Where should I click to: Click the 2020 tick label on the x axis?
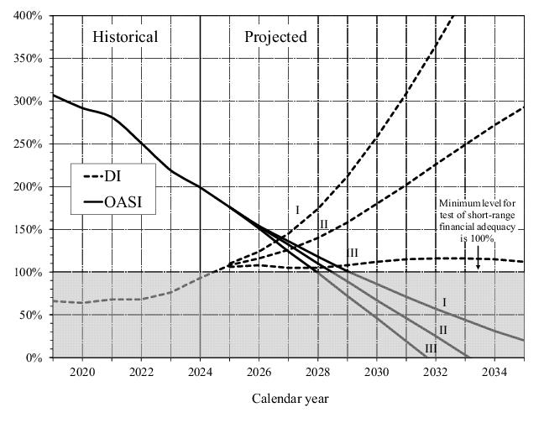(x=82, y=372)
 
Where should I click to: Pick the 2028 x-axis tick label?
(x=317, y=372)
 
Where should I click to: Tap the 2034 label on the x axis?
(x=494, y=372)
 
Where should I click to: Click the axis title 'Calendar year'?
(x=290, y=399)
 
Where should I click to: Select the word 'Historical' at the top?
(x=125, y=37)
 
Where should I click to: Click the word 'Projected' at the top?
(x=275, y=37)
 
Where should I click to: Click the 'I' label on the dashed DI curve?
(x=296, y=209)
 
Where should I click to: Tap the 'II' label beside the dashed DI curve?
(x=323, y=224)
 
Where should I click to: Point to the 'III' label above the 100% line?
(x=352, y=253)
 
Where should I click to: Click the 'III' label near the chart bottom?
(x=431, y=348)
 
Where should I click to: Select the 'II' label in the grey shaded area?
(x=443, y=330)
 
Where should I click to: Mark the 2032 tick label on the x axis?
(x=436, y=372)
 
